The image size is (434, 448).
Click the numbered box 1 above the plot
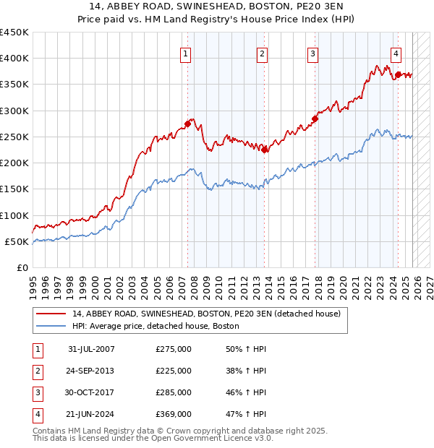pyautogui.click(x=186, y=53)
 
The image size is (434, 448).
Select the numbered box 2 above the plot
pyautogui.click(x=262, y=53)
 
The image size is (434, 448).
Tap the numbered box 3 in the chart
pyautogui.click(x=312, y=53)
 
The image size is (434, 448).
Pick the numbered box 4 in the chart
pyautogui.click(x=396, y=53)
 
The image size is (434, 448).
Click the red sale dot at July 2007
pyautogui.click(x=187, y=124)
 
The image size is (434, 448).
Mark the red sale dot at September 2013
pyautogui.click(x=264, y=150)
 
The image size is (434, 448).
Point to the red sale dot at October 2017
pyautogui.click(x=315, y=119)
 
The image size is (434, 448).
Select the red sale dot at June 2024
pyautogui.click(x=398, y=74)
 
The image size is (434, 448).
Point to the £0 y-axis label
pyautogui.click(x=22, y=268)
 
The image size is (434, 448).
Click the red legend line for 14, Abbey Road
pyautogui.click(x=51, y=314)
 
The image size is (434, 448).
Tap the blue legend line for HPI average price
pyautogui.click(x=51, y=326)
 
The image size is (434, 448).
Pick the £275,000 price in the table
pyautogui.click(x=174, y=349)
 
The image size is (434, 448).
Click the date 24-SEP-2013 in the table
pyautogui.click(x=91, y=371)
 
